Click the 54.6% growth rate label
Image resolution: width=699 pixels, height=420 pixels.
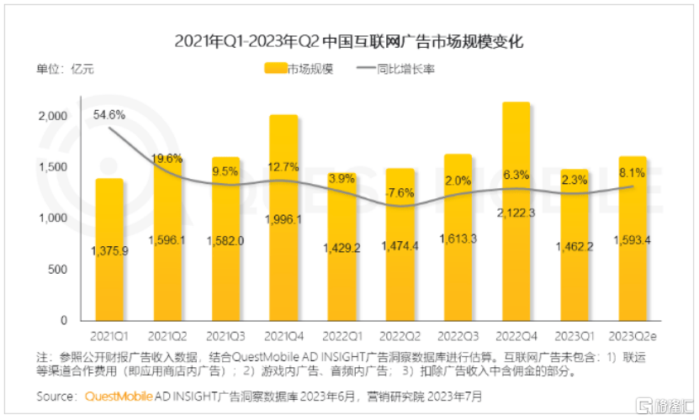click(109, 114)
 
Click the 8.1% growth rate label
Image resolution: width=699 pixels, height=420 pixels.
click(632, 173)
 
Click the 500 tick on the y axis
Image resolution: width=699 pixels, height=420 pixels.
click(56, 270)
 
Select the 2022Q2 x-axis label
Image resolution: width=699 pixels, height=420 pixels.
click(400, 334)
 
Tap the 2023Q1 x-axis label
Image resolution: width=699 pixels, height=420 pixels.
click(574, 334)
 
